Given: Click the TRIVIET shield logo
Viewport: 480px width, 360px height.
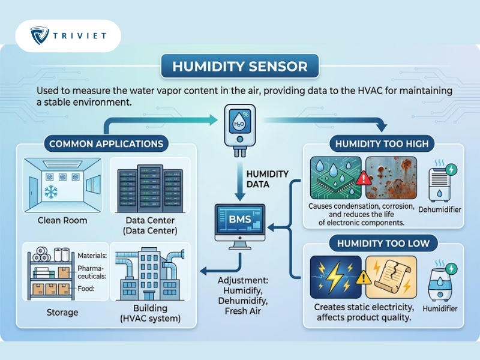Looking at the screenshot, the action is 40,35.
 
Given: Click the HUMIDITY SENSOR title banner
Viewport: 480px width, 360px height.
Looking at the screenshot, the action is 239,66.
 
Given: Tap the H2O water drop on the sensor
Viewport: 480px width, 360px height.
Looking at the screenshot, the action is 239,122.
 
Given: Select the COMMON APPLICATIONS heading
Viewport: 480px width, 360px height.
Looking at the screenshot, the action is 106,144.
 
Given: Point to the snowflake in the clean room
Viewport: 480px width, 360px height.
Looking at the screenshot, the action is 51,191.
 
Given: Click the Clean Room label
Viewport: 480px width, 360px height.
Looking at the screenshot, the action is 62,220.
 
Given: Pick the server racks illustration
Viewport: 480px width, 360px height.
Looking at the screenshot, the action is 150,188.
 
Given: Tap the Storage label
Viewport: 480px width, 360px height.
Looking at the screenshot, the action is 62,312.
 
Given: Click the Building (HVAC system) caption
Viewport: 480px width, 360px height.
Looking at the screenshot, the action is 151,313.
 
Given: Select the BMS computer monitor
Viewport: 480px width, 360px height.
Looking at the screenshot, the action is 240,227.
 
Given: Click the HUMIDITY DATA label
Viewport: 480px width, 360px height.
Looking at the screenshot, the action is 267,179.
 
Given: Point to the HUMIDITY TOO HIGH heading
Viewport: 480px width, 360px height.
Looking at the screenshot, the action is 382,144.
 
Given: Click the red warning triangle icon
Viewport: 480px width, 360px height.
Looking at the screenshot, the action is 364,178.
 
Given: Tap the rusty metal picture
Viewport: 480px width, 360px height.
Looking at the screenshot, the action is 391,178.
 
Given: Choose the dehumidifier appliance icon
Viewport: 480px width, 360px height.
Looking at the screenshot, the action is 440,184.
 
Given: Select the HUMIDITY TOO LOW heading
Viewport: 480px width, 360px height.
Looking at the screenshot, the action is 383,244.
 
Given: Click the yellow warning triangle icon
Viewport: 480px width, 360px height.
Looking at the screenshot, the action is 364,277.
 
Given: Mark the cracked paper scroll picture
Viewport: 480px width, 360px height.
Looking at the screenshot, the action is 391,277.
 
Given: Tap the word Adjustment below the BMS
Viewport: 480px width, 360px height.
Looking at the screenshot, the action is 243,280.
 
